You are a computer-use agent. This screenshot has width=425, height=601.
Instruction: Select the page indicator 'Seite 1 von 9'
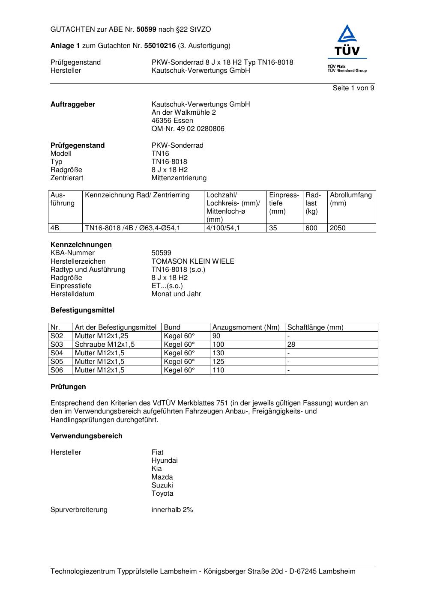(x=353, y=88)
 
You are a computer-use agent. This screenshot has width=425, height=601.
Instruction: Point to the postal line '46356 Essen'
(x=172, y=121)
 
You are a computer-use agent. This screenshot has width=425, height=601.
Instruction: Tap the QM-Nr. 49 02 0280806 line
(x=188, y=129)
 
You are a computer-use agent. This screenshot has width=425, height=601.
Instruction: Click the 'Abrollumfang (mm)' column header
(x=350, y=199)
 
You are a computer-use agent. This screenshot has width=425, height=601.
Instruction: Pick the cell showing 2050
(x=337, y=228)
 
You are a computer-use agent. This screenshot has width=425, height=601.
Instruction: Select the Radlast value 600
(x=311, y=228)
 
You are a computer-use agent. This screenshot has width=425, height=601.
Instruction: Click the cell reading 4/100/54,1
(x=223, y=228)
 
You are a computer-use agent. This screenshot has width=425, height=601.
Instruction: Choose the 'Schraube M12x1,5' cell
(x=105, y=345)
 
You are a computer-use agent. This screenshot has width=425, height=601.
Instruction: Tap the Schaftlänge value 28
(x=291, y=345)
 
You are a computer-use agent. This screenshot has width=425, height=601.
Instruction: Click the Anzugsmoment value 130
(x=218, y=353)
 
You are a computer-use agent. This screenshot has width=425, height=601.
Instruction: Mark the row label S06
(x=57, y=370)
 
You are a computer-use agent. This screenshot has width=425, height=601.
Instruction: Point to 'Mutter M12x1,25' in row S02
(x=101, y=336)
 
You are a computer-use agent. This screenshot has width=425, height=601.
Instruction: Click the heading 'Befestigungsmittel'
(x=82, y=310)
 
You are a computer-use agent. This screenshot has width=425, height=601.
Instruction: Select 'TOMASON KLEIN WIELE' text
(x=193, y=262)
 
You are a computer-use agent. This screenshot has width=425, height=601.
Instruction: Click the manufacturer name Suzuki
(x=162, y=485)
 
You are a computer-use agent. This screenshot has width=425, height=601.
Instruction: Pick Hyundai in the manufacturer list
(x=164, y=461)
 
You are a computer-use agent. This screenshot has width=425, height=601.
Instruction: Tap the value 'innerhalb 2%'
(x=172, y=510)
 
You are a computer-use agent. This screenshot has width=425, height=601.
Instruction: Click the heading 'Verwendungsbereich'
(x=86, y=436)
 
